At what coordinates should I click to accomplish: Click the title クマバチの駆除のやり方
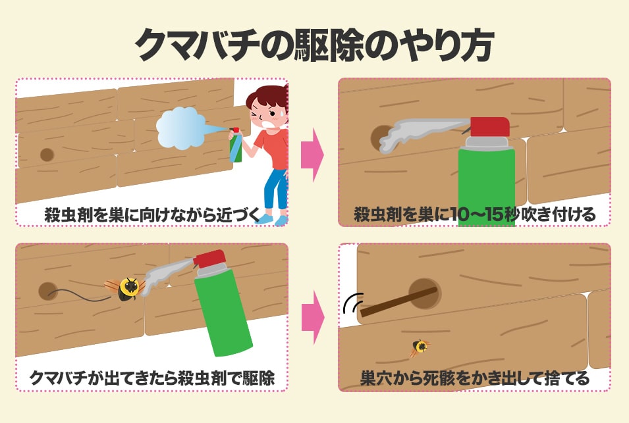pyautogui.click(x=314, y=44)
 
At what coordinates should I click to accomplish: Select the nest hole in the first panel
pyautogui.click(x=47, y=155)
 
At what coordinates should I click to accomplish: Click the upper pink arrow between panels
pyautogui.click(x=312, y=155)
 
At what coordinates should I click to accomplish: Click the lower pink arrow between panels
pyautogui.click(x=313, y=318)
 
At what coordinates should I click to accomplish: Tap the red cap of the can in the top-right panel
pyautogui.click(x=490, y=126)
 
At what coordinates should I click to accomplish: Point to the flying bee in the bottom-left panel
pyautogui.click(x=125, y=288)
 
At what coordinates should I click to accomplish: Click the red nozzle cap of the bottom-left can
pyautogui.click(x=209, y=259)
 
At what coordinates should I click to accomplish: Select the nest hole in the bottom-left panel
pyautogui.click(x=47, y=291)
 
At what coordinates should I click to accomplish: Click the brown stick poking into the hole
pyautogui.click(x=398, y=302)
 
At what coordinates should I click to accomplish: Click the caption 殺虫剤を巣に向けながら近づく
pyautogui.click(x=153, y=214)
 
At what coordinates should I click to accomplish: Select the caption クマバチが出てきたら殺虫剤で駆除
pyautogui.click(x=152, y=378)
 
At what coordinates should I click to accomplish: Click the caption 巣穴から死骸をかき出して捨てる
pyautogui.click(x=475, y=378)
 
